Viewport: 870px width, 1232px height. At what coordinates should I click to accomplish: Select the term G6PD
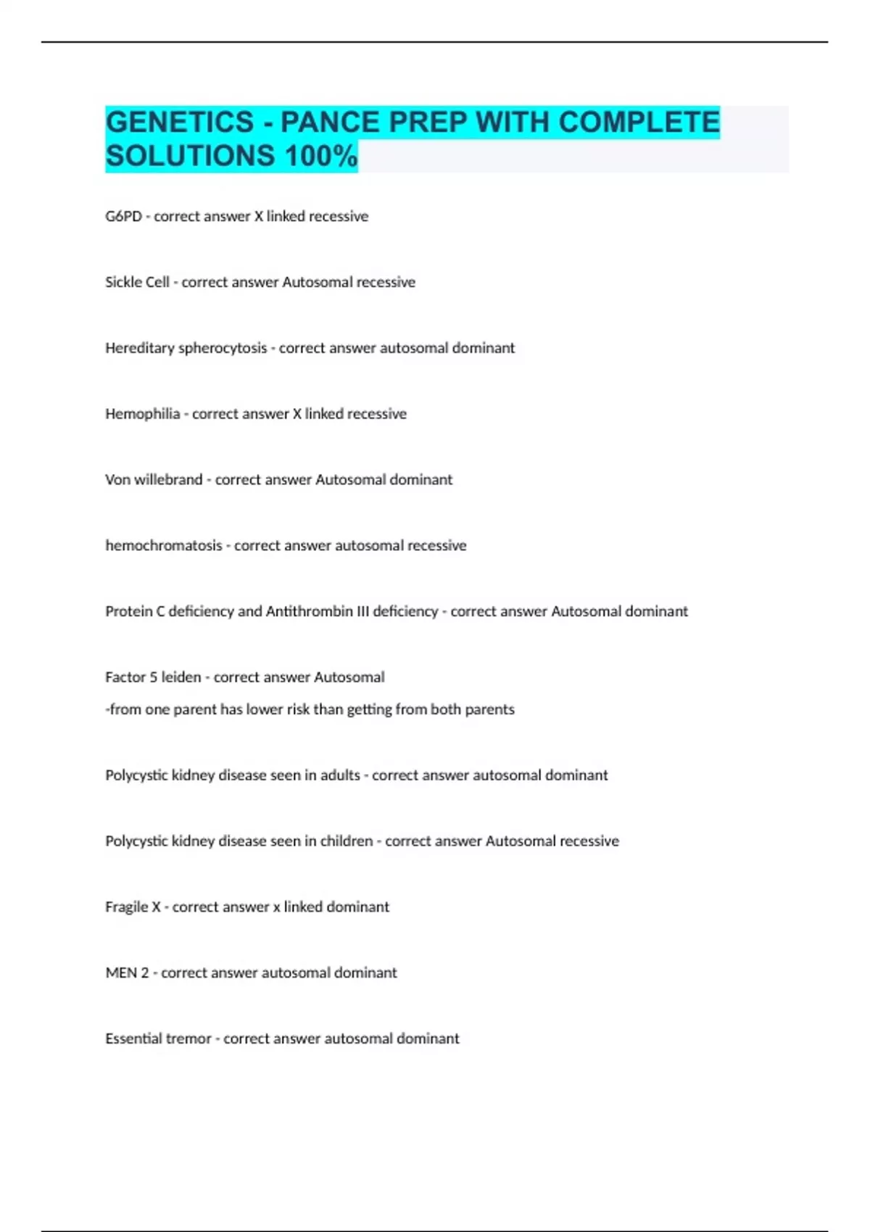123,216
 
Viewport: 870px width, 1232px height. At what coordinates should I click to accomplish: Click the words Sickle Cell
137,282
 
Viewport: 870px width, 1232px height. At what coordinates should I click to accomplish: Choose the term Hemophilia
142,414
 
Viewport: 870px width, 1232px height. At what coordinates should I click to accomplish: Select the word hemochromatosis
164,546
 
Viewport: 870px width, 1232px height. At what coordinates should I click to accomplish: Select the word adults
340,775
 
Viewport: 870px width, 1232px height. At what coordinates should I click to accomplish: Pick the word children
346,841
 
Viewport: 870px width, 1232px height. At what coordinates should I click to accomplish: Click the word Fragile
126,907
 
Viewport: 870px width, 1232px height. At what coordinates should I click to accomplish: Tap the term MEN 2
127,973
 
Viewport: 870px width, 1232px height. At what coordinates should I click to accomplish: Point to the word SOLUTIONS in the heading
190,156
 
